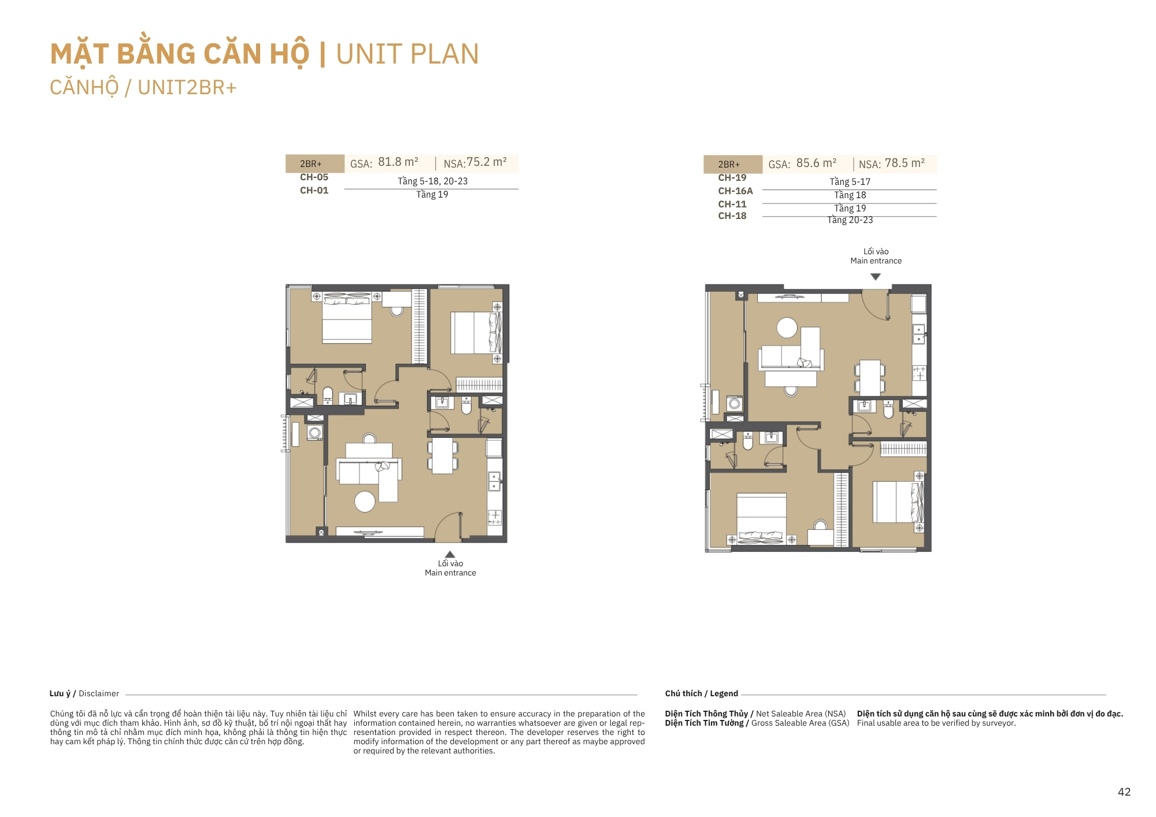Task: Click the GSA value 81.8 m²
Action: (x=398, y=162)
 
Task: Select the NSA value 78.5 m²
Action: (x=905, y=164)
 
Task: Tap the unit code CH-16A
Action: (x=735, y=191)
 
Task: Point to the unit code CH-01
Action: (x=314, y=191)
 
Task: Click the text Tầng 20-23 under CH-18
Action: (x=850, y=220)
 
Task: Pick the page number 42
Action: (x=1124, y=792)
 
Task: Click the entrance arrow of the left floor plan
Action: (x=450, y=555)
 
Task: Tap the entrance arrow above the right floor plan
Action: (x=876, y=277)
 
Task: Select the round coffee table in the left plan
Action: (x=365, y=502)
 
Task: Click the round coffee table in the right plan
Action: (x=787, y=328)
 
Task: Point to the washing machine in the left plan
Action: (x=314, y=433)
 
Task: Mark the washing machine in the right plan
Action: (x=734, y=403)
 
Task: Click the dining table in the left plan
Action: (x=443, y=456)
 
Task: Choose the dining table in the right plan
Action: (x=870, y=378)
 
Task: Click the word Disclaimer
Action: (x=99, y=694)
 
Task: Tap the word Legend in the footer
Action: (x=724, y=694)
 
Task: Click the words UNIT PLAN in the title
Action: (x=407, y=54)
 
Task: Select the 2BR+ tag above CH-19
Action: (x=729, y=165)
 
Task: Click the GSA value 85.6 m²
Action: (x=816, y=164)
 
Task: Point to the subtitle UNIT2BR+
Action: (x=187, y=88)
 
